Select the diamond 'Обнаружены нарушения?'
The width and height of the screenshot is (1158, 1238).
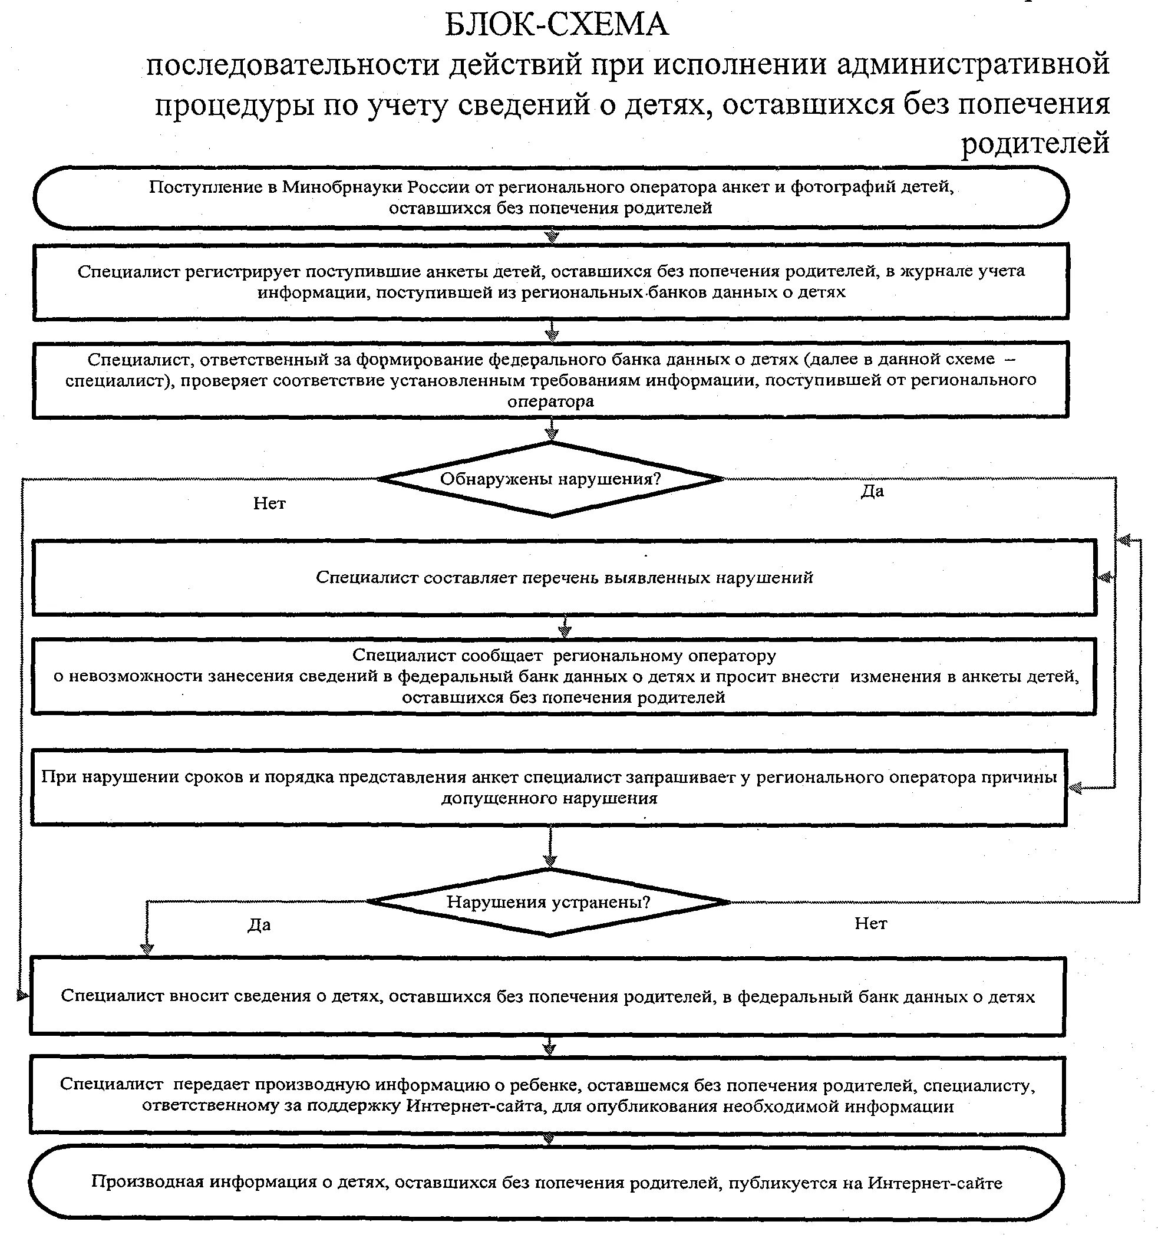click(x=550, y=479)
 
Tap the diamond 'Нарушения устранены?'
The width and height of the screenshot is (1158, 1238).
click(x=549, y=902)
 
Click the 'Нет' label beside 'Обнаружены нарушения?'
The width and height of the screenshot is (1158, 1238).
click(x=269, y=503)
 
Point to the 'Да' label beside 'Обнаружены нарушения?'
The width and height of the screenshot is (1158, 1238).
click(x=872, y=491)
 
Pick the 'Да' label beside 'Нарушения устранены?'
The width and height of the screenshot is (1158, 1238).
click(x=259, y=925)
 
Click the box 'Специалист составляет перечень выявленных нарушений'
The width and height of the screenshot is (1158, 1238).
click(x=563, y=577)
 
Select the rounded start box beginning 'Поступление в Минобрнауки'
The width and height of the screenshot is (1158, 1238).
click(x=550, y=197)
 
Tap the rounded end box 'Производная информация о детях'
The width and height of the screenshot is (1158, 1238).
click(x=546, y=1182)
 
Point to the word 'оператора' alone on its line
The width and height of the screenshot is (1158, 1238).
click(x=550, y=401)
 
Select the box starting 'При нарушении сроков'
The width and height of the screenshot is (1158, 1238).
click(x=549, y=787)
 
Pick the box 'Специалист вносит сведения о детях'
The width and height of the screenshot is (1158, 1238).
click(x=547, y=996)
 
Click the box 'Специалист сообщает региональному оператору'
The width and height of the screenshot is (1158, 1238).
click(x=563, y=676)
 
